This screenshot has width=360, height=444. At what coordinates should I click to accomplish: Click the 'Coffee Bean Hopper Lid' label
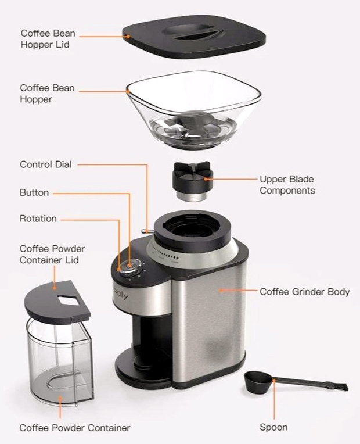48,39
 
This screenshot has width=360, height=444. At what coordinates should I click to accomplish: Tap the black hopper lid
194,36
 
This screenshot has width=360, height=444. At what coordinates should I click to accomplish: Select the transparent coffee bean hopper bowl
194,110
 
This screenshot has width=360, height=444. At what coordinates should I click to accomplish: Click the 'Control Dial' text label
45,164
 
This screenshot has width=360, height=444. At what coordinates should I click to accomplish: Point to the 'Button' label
34,192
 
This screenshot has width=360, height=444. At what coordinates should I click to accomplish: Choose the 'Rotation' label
38,219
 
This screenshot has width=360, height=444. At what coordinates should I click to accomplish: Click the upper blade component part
192,181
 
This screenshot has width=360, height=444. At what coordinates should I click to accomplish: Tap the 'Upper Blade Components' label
287,185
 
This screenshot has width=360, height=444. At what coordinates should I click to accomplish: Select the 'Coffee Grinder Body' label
304,292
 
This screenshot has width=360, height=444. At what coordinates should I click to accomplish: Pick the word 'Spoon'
273,427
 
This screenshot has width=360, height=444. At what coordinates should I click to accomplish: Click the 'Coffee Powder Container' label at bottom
75,428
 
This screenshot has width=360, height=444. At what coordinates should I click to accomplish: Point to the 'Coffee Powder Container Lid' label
52,255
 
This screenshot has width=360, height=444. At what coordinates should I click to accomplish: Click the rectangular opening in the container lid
69,300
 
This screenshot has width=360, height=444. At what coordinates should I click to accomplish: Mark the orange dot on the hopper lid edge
128,36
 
